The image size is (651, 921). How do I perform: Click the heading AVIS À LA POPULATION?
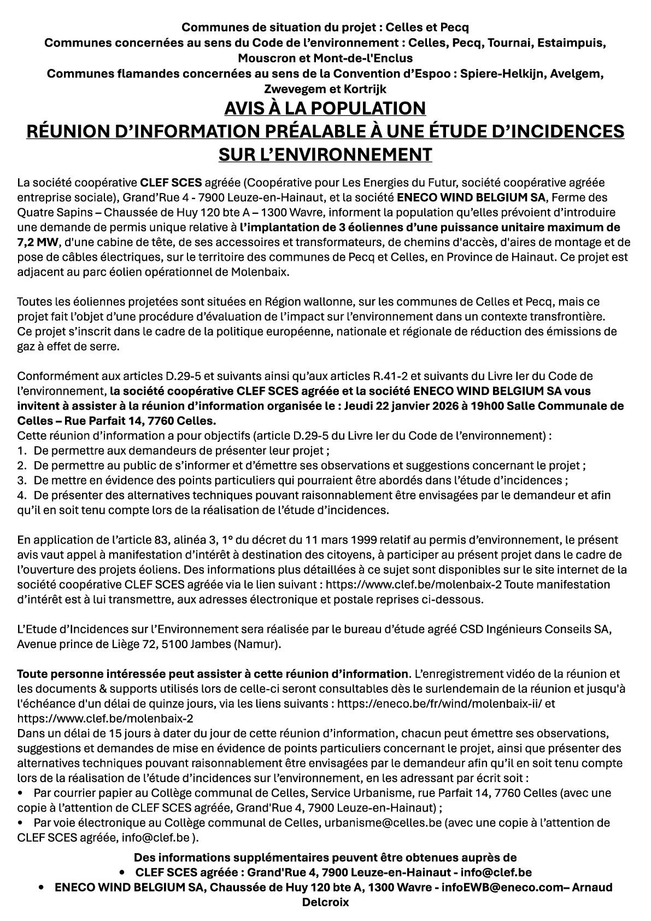325,108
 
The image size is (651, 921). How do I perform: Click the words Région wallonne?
300,301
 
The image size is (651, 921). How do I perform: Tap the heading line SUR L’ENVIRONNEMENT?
325,154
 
